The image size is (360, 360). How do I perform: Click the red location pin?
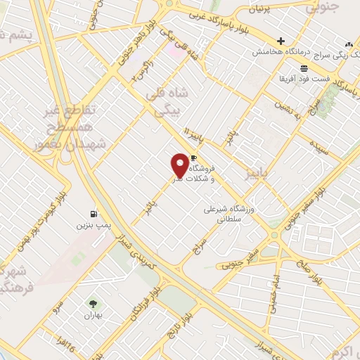pos(181,165)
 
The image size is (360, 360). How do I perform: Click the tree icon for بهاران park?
pos(92,304)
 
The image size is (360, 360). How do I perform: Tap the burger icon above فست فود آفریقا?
pos(304,68)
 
